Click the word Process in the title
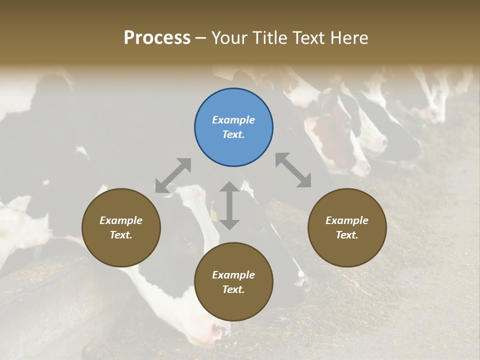pos(157,38)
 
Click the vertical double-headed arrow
pos(229,205)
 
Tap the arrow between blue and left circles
pos(173,175)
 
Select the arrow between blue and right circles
pos(293,170)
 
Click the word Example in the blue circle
pos(233,120)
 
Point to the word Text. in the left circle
pos(121,235)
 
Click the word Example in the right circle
pos(347,220)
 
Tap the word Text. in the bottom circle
pos(233,289)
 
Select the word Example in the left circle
pos(121,220)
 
